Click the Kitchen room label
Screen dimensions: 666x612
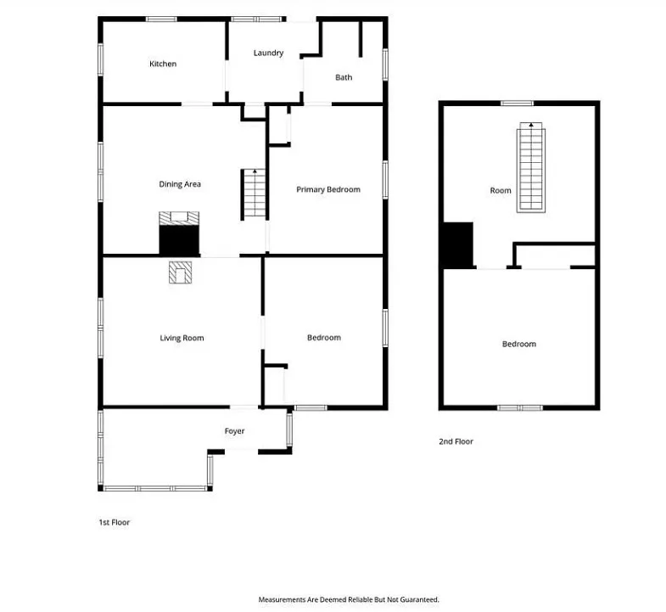[x=163, y=64]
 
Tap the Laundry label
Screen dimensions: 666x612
[x=268, y=53]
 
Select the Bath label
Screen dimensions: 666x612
[x=344, y=77]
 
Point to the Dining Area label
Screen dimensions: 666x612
[x=180, y=184]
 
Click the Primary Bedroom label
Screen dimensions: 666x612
[x=328, y=189]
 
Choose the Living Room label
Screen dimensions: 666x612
[x=182, y=338]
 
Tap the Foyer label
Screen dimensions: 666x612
[x=234, y=431]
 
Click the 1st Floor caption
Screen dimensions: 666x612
[x=115, y=522]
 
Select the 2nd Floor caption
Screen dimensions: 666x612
[x=456, y=441]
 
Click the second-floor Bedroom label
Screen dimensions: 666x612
[x=519, y=344]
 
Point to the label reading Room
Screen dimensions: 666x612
[x=501, y=190]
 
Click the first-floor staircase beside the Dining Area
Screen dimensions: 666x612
[x=255, y=194]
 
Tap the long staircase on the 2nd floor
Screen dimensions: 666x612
[x=531, y=167]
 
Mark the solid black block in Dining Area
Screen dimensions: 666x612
[x=179, y=240]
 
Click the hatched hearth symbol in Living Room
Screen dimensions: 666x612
[x=180, y=272]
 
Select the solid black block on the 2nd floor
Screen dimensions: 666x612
[x=458, y=245]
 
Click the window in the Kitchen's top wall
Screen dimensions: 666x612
[x=161, y=20]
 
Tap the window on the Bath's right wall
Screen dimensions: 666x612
[x=385, y=65]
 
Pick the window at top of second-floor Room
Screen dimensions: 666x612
[x=517, y=103]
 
